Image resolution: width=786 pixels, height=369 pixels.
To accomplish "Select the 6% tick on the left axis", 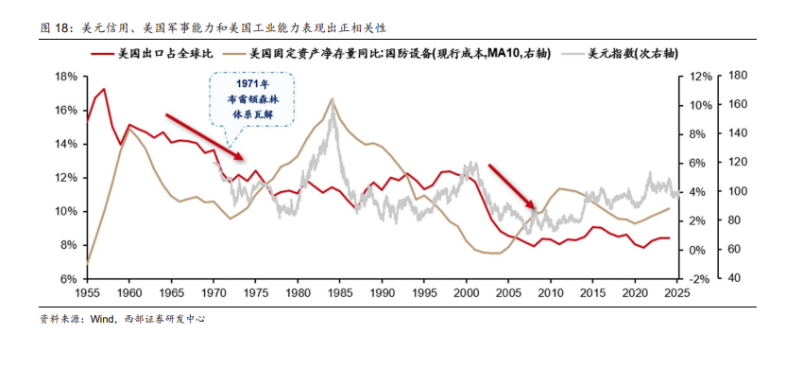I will tap(67, 279).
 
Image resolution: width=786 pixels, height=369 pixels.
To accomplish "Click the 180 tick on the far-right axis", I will tap(740, 77).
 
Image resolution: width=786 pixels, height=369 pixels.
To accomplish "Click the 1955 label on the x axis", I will tap(88, 294).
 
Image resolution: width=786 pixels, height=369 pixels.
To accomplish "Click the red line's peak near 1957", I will tap(104, 89).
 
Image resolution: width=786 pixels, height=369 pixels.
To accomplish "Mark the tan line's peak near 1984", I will tap(333, 98).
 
